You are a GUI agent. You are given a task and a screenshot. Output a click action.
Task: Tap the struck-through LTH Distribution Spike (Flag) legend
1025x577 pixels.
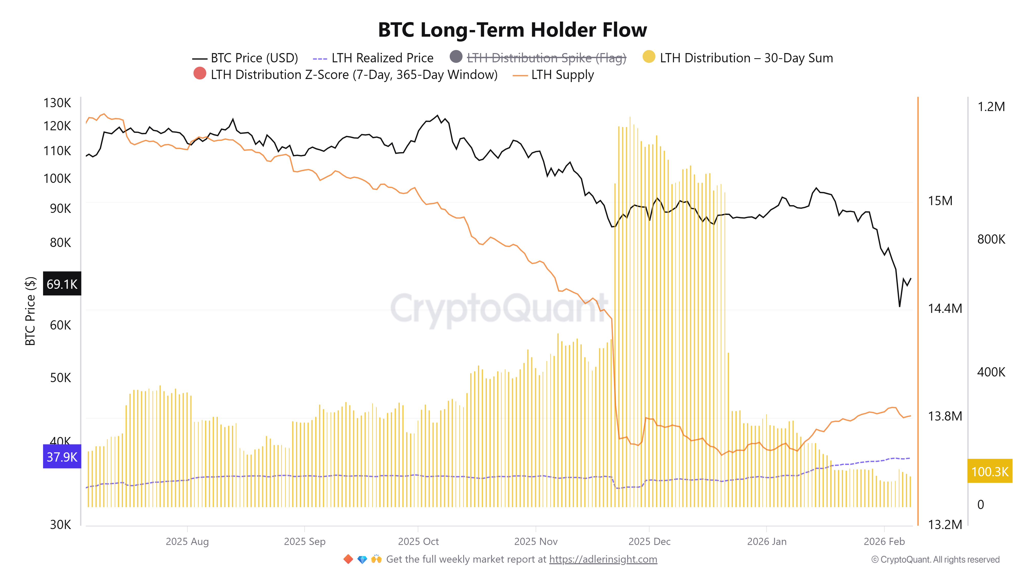[546, 58]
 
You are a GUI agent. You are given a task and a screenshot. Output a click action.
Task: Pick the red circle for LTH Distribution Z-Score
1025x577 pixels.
[200, 74]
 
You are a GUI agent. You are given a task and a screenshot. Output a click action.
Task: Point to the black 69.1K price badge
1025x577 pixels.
[62, 284]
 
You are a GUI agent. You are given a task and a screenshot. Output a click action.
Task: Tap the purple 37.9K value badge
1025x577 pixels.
[62, 456]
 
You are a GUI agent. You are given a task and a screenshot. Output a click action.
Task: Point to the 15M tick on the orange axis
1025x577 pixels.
[940, 201]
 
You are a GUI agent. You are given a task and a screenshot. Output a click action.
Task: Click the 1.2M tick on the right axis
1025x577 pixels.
[991, 107]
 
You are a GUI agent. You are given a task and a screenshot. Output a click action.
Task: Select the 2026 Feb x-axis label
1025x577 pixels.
[884, 542]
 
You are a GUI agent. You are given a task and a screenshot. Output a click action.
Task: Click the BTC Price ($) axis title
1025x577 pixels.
[30, 311]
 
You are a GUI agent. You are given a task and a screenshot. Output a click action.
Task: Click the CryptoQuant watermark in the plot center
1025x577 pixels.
[499, 309]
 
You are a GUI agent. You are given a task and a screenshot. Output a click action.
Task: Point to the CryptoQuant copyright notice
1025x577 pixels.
[935, 560]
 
